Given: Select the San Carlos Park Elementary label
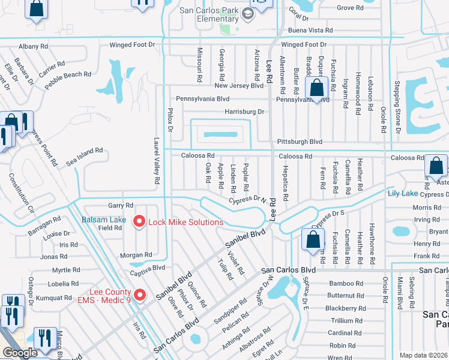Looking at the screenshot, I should [209, 14].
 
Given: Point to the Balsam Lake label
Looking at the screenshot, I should [104, 220].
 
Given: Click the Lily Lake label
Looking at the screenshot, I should [402, 193].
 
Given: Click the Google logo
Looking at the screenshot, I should [20, 353].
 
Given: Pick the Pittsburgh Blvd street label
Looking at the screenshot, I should [300, 142].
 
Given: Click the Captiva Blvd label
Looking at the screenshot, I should [147, 268].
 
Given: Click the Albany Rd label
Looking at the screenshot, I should [33, 46].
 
